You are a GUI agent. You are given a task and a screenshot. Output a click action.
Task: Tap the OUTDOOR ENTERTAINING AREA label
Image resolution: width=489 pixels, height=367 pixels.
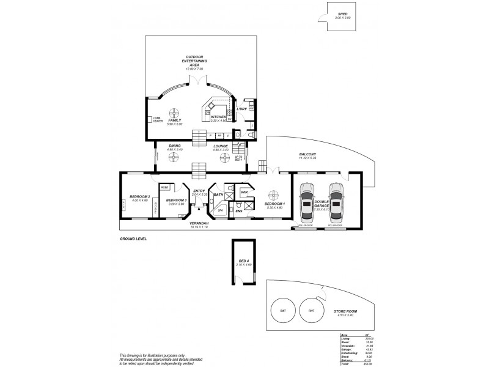tap(194, 61)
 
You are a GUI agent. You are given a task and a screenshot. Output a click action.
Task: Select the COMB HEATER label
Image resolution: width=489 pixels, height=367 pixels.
tap(158, 120)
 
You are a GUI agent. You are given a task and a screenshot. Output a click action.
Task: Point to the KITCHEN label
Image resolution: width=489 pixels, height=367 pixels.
tap(218, 116)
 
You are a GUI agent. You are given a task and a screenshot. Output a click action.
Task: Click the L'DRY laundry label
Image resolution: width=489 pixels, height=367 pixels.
tap(241, 109)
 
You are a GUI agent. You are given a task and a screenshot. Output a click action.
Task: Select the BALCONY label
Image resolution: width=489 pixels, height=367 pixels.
tap(307, 155)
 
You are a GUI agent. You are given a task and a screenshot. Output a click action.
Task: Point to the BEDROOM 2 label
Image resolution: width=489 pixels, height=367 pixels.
tap(141, 197)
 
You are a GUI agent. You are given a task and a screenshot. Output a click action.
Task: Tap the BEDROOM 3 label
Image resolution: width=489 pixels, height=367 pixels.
tap(176, 200)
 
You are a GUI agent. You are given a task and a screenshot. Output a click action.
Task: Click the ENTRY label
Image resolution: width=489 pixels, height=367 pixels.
tap(199, 191)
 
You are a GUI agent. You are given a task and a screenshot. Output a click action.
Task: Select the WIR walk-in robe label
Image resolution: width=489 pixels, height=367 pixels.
tap(244, 193)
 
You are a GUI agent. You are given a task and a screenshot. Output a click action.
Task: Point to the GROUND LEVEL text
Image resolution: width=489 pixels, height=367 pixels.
tap(133, 239)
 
